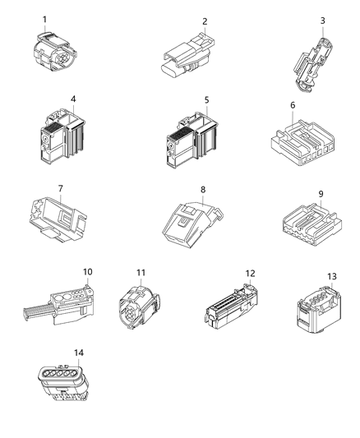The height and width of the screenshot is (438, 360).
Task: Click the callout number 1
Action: click(44, 18)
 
